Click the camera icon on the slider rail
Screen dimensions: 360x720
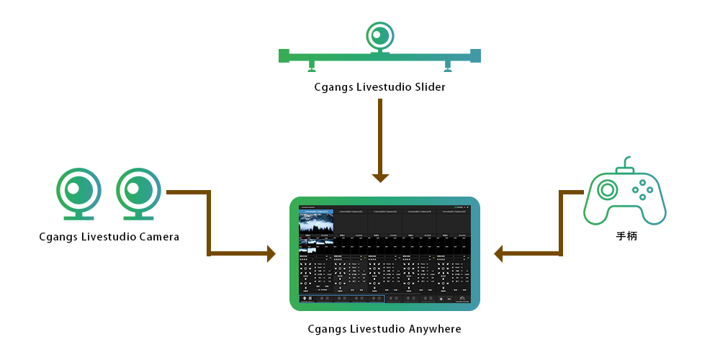tap(379, 36)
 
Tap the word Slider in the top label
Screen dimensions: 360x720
tap(428, 87)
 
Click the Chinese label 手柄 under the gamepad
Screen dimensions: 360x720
tap(625, 236)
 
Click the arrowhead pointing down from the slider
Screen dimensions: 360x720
tap(380, 178)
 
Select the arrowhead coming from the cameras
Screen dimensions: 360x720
tap(271, 253)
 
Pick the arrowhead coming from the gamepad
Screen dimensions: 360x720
tap(498, 253)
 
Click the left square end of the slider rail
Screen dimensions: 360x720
tap(284, 55)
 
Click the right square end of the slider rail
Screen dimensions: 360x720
tap(475, 55)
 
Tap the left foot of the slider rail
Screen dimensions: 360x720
tap(312, 68)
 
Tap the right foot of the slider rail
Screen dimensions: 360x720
tap(448, 68)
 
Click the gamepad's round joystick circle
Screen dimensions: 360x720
tap(607, 190)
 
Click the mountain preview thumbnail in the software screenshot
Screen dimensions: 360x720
tap(315, 221)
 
